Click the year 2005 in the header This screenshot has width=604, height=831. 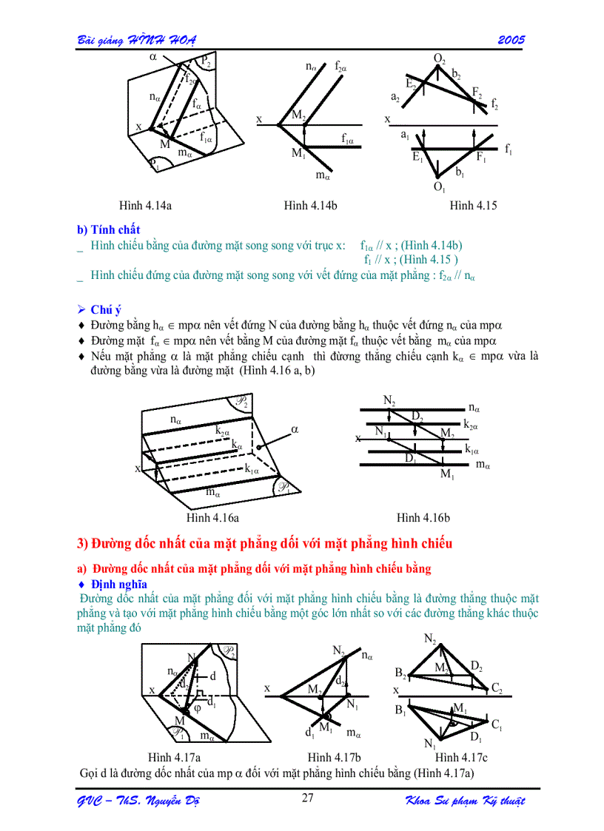coord(511,39)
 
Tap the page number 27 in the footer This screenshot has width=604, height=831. coord(309,798)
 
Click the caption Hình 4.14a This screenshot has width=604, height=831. coord(146,206)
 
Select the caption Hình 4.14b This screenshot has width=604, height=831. coord(311,206)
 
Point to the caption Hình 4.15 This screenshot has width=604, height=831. coord(473,206)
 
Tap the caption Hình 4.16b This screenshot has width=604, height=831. coord(423,517)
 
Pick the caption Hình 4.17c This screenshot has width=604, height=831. coord(461,757)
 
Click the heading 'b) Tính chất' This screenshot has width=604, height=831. coord(109,229)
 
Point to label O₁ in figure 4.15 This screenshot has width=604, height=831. coord(439,188)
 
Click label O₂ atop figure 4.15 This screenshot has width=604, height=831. coord(439,58)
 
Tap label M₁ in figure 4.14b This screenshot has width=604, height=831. coord(298,154)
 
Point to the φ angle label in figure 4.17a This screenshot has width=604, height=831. coord(197,708)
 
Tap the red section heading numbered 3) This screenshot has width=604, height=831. coord(264,544)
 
